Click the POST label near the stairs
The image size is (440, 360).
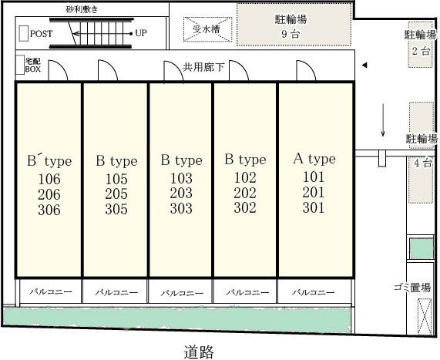point(41,34)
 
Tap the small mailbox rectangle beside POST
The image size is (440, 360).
point(24,33)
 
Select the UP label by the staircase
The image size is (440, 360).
point(141,33)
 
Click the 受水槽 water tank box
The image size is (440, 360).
point(207,29)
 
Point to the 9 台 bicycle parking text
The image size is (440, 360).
point(291,34)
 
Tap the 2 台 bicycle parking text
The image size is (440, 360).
point(421,51)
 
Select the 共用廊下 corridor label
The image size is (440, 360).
point(203,67)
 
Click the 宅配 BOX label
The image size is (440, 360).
point(33,66)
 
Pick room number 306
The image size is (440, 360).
point(49,210)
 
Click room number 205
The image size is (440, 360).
point(116,193)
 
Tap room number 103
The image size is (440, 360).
point(181,178)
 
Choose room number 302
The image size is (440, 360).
point(245,207)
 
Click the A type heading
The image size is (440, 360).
point(314,159)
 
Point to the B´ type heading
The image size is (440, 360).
point(49,160)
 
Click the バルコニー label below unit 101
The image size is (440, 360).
point(313,292)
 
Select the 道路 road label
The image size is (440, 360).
point(199,352)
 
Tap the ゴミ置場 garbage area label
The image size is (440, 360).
point(412,288)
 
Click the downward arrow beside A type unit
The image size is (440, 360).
point(383,120)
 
